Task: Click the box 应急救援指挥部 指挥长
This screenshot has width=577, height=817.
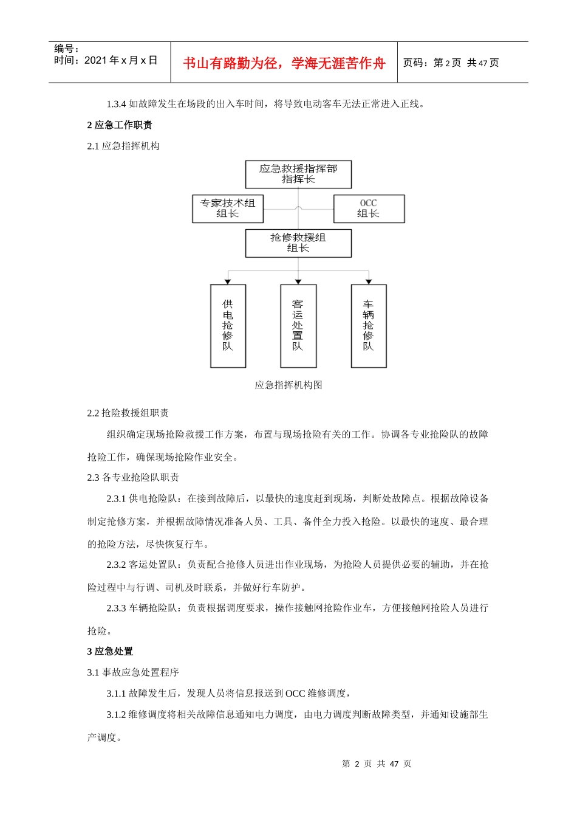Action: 298,174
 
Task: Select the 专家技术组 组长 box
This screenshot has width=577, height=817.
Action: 228,209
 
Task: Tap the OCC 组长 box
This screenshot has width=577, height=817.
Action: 369,209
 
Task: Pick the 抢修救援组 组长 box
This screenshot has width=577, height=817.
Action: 298,243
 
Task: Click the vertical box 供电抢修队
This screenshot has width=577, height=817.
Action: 228,326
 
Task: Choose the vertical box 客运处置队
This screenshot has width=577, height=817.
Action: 298,326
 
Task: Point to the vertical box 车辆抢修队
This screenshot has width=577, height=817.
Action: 369,326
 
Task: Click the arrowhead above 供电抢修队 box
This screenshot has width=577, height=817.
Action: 228,281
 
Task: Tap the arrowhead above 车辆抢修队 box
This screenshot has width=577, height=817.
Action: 369,281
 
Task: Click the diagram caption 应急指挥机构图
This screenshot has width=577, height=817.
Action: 288,385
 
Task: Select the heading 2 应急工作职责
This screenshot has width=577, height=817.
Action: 120,125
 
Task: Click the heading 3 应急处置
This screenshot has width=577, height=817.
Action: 110,652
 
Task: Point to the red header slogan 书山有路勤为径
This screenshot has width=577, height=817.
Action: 284,63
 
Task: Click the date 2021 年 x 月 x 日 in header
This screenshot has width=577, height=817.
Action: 121,60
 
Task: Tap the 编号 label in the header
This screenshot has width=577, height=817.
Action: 66,49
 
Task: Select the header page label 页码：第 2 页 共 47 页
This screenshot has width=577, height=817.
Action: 451,63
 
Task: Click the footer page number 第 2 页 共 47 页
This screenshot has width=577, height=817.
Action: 377,764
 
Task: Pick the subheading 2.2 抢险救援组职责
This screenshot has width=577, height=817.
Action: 128,413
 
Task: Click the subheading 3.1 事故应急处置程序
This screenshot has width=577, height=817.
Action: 133,672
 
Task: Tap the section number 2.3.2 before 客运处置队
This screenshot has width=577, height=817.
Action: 116,565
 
